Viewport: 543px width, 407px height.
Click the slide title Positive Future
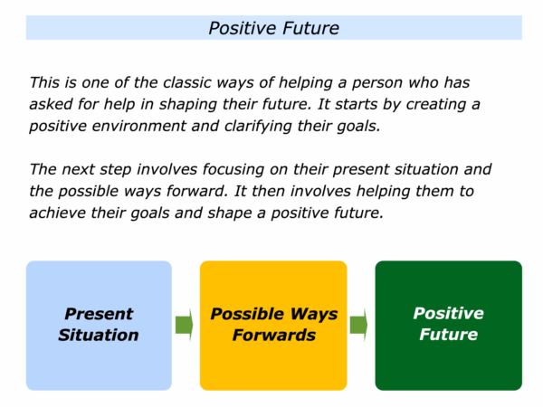273,28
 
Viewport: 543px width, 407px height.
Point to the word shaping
188,105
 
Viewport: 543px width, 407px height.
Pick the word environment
138,126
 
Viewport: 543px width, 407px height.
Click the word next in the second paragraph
78,170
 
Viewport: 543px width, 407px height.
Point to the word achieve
58,213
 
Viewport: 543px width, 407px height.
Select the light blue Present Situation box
99,326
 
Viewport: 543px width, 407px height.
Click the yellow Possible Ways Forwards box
273,326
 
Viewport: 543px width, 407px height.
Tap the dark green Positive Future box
449,326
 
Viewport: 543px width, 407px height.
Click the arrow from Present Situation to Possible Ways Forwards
185,326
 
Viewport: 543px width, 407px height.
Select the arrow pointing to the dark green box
358,326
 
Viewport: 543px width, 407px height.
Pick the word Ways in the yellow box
314,315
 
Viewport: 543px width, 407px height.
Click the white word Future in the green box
449,335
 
